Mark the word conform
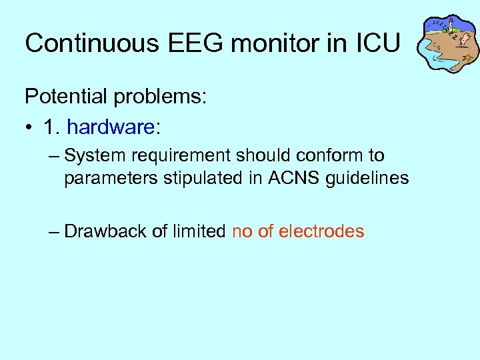click(x=327, y=156)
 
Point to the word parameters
click(x=108, y=179)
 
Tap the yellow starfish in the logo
click(x=468, y=59)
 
